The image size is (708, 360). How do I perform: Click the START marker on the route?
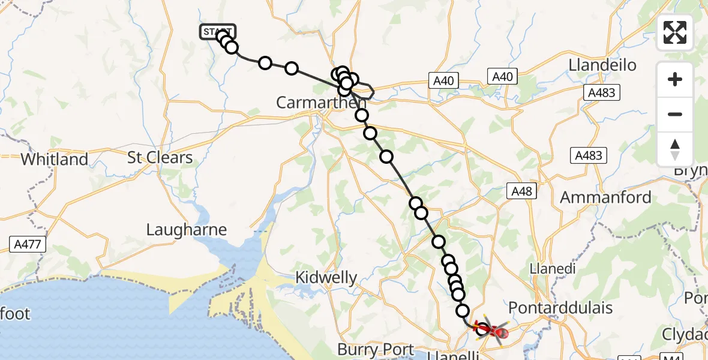pyautogui.click(x=217, y=32)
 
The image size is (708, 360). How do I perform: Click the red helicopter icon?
pyautogui.click(x=491, y=329)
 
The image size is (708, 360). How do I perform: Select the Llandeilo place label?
pyautogui.click(x=602, y=65)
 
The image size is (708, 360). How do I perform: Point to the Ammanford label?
pyautogui.click(x=605, y=197)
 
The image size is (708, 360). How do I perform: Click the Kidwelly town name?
pyautogui.click(x=327, y=278)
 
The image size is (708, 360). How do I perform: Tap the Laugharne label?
pyautogui.click(x=187, y=230)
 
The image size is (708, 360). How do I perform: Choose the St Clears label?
pyautogui.click(x=160, y=158)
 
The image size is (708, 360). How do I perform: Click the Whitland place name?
pyautogui.click(x=54, y=160)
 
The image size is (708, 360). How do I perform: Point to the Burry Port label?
pyautogui.click(x=376, y=349)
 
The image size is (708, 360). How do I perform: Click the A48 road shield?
pyautogui.click(x=521, y=191)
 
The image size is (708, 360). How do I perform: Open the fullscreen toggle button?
pyautogui.click(x=675, y=32)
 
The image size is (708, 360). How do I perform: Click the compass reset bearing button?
pyautogui.click(x=675, y=149)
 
